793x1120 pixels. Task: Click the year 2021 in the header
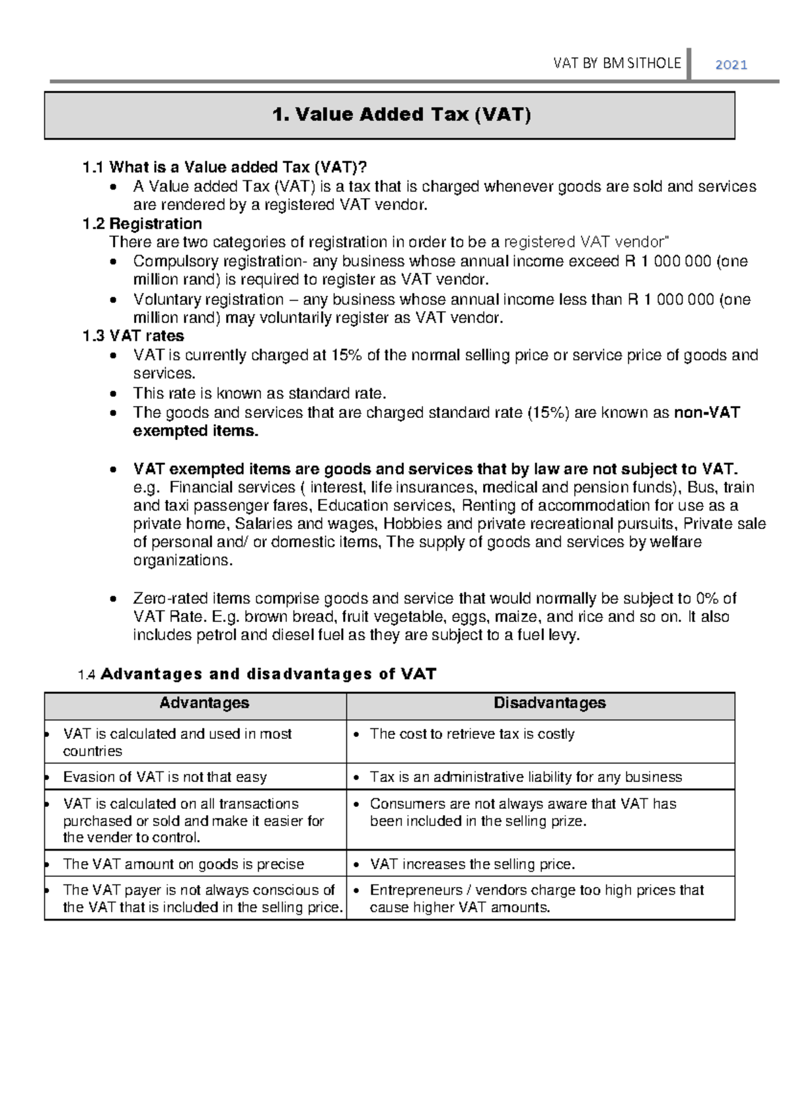click(731, 65)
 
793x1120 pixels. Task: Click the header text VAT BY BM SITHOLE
click(617, 63)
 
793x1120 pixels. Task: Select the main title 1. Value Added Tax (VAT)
click(401, 115)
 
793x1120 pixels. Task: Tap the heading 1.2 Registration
click(142, 224)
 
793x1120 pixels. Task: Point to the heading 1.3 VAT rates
click(133, 336)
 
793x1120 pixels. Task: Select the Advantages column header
click(204, 703)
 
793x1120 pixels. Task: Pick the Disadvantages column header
click(549, 703)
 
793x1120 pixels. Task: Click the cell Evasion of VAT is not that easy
click(165, 777)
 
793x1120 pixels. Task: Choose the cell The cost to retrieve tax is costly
click(472, 734)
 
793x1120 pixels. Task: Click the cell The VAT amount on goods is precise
click(183, 864)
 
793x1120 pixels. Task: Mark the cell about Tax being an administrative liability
click(525, 777)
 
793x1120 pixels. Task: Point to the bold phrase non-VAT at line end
click(706, 413)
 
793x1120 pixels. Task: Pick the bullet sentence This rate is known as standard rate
click(259, 394)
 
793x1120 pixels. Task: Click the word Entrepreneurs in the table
click(416, 890)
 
